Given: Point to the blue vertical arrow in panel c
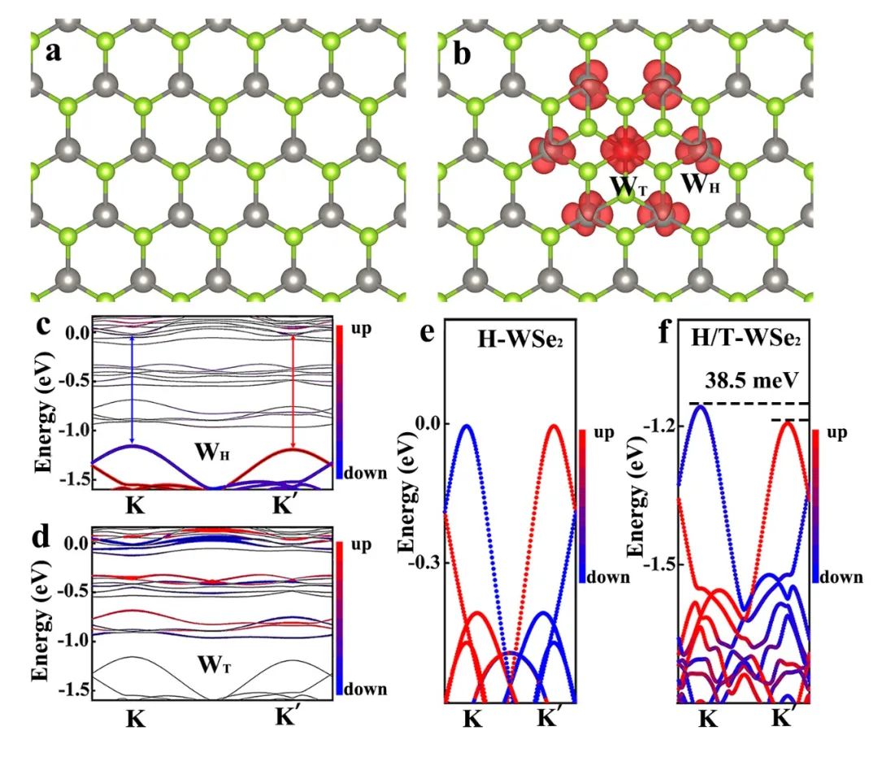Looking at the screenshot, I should point(132,389).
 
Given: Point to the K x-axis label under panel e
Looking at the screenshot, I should point(475,719).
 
